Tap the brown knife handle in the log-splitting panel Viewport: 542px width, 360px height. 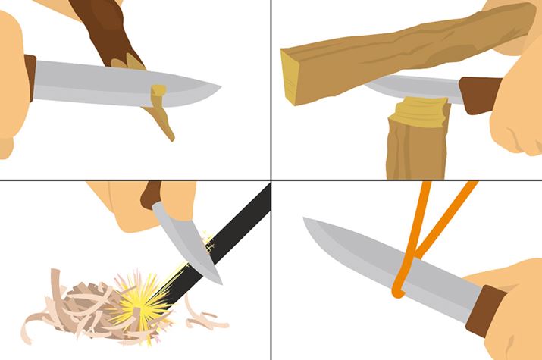[478, 91]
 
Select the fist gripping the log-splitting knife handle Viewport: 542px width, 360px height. [515, 114]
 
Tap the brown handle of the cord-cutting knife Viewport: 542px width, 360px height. [485, 311]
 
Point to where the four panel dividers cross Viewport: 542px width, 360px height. [271, 180]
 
